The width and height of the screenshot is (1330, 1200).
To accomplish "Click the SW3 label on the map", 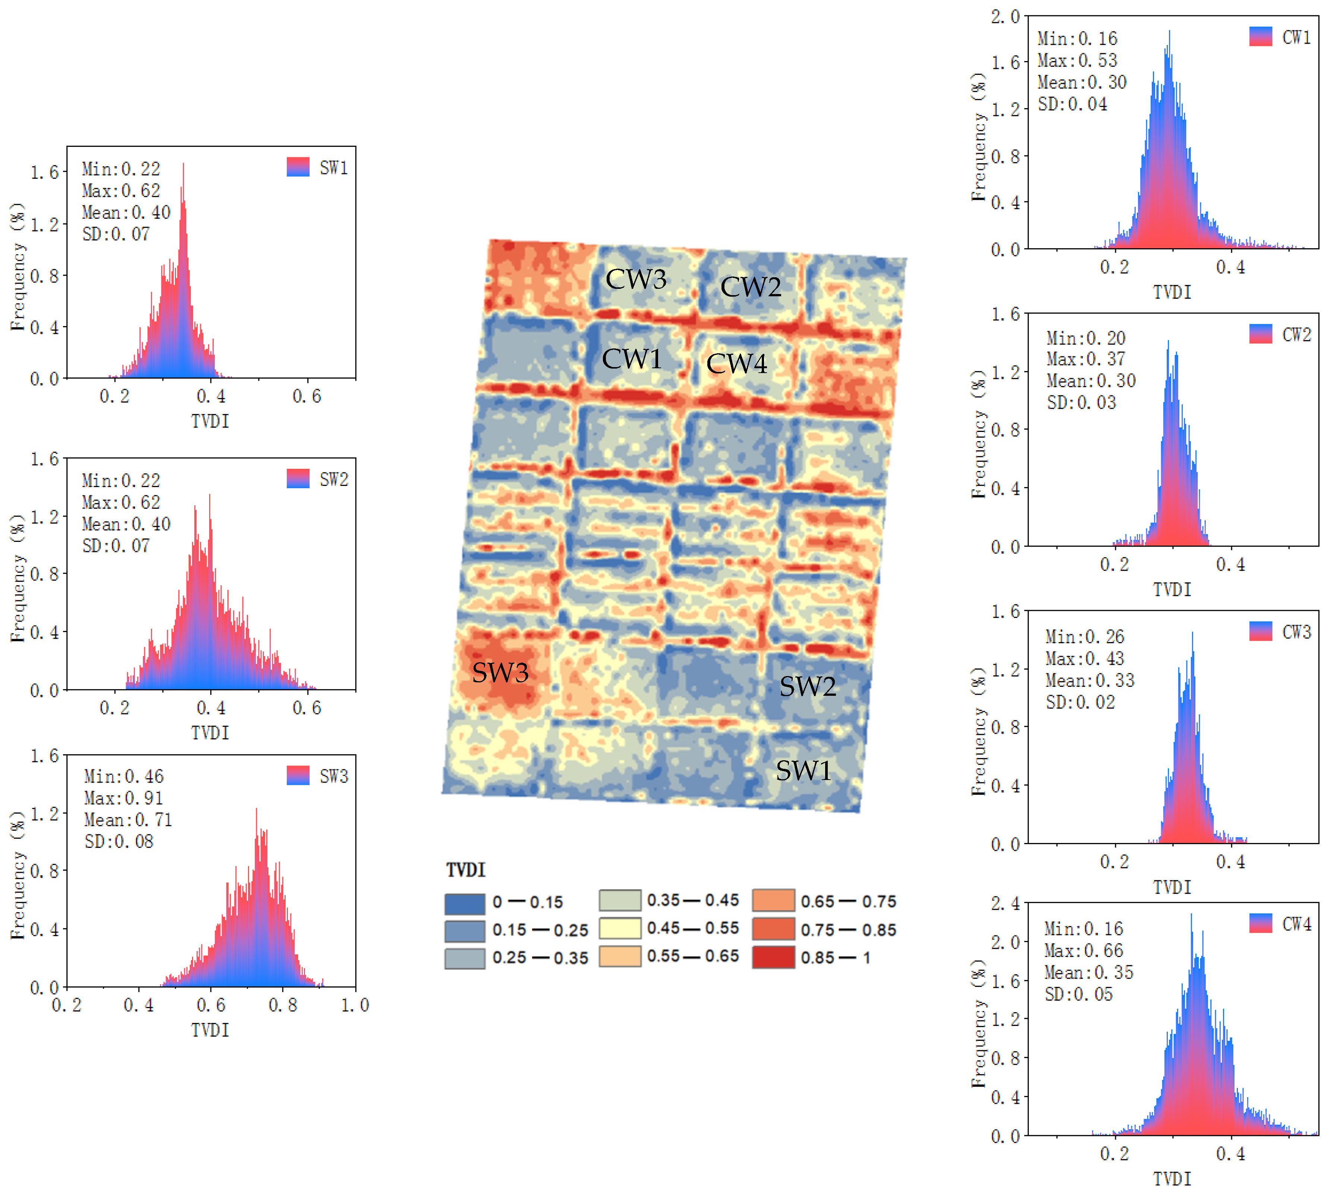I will point(500,673).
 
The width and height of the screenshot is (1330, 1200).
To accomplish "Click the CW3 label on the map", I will point(636,279).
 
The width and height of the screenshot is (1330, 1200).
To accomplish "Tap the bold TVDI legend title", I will point(466,870).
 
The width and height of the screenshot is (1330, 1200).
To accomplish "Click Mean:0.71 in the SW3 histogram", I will point(128,820).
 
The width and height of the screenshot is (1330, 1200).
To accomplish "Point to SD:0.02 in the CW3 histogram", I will point(1080,702).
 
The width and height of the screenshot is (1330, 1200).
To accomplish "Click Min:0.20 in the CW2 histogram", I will point(1085,338).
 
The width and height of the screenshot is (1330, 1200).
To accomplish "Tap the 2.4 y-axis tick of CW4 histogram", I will point(1005,903).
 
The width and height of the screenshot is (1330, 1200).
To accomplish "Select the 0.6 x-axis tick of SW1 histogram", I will point(307,396).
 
